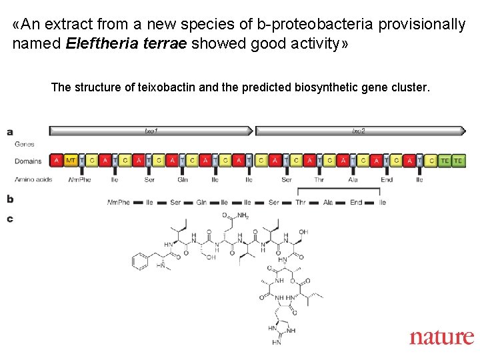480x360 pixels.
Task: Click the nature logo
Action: click(x=441, y=337)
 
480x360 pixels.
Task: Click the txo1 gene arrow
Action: click(x=151, y=131)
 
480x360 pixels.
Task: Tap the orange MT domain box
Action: click(x=70, y=161)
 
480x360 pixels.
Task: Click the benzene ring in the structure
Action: click(x=140, y=261)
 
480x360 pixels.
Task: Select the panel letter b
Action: click(x=10, y=199)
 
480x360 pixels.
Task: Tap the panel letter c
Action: click(x=10, y=218)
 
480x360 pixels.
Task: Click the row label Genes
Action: click(x=25, y=144)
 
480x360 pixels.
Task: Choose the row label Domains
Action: click(x=28, y=161)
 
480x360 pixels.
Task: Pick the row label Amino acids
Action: click(x=33, y=179)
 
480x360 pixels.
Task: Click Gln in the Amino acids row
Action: click(x=182, y=179)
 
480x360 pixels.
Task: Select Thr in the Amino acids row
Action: click(x=320, y=179)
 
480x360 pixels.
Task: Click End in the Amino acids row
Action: click(x=387, y=179)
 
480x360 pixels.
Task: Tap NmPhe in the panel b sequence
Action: click(x=119, y=202)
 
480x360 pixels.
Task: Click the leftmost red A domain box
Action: click(x=56, y=161)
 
